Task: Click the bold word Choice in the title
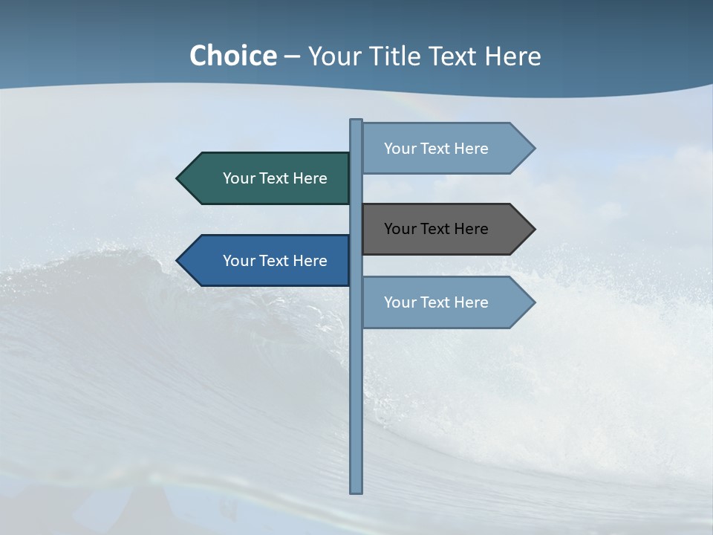tap(232, 56)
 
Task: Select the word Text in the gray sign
tap(436, 229)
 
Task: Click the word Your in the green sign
tap(238, 178)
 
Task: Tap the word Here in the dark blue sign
tap(310, 261)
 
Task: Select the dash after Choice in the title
tap(292, 56)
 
